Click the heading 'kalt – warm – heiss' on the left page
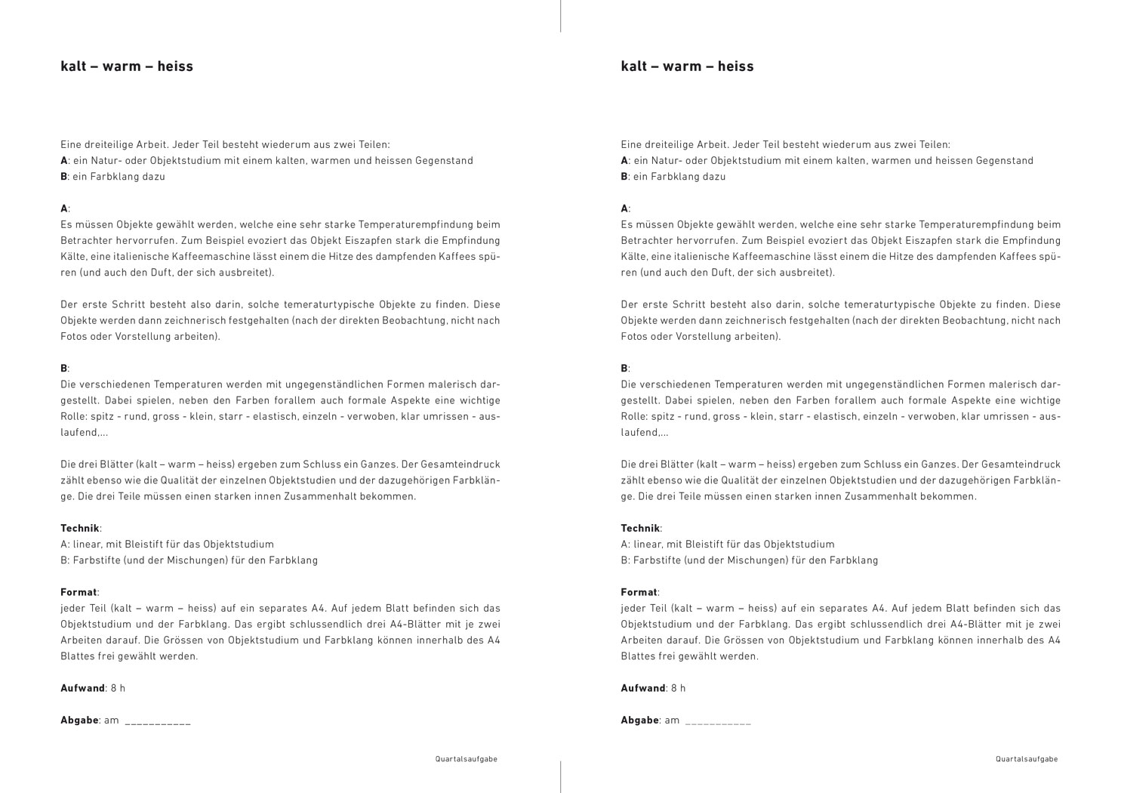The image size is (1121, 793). click(127, 66)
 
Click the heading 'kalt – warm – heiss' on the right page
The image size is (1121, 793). click(687, 66)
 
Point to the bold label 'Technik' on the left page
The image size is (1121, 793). click(79, 529)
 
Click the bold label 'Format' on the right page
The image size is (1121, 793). click(639, 593)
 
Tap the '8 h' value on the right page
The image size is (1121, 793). click(678, 689)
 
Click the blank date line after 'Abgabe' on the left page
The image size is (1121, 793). click(158, 723)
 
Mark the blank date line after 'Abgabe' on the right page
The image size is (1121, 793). click(718, 723)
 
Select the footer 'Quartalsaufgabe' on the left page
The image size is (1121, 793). click(467, 760)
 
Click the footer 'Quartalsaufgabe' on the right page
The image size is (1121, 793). click(1027, 760)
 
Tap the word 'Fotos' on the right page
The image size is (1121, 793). click(633, 337)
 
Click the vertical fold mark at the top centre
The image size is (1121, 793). click(560, 16)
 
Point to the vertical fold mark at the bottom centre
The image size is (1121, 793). click(560, 777)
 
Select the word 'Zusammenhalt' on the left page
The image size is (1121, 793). click(305, 497)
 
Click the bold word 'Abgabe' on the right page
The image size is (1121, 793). click(640, 720)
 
